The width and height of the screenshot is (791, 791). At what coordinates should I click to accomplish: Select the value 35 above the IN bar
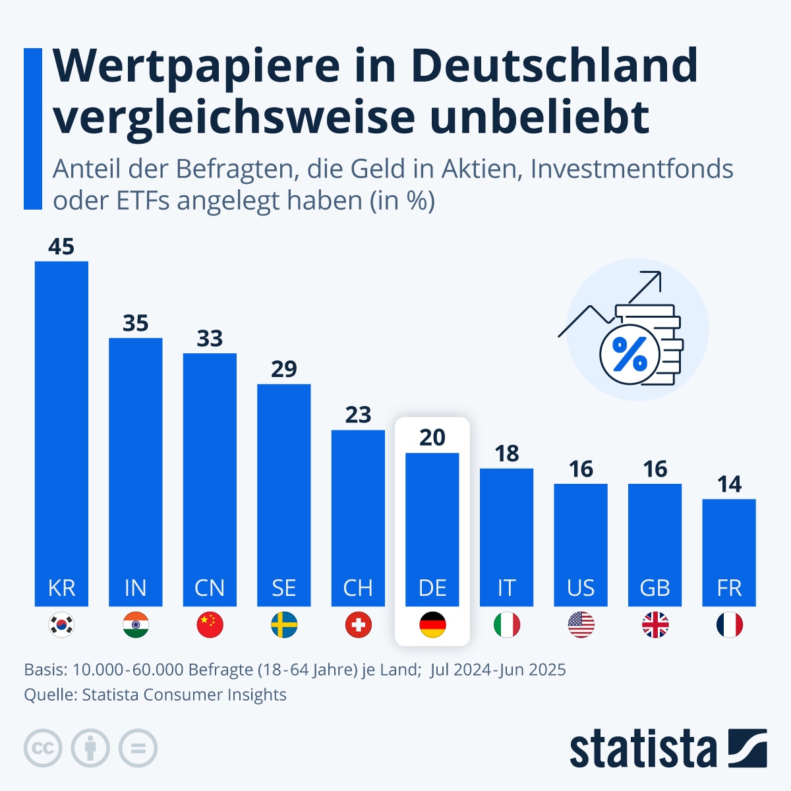(136, 324)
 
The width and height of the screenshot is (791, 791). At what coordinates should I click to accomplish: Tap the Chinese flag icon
(210, 625)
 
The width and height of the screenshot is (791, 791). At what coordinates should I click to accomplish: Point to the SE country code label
(284, 587)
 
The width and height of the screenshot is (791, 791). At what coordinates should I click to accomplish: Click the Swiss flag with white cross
(358, 625)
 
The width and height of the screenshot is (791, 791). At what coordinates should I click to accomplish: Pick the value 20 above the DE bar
(432, 438)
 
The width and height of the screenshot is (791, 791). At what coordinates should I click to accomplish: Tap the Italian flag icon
(506, 625)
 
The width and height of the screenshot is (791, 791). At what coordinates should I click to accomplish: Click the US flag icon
(581, 625)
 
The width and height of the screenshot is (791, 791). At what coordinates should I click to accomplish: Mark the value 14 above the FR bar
(729, 484)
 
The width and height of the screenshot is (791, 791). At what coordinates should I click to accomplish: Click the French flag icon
(729, 625)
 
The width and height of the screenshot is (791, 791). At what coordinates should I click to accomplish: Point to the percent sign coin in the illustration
(630, 355)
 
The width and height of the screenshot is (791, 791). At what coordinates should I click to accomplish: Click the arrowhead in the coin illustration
(653, 279)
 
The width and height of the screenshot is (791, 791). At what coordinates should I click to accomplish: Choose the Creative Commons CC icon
(43, 748)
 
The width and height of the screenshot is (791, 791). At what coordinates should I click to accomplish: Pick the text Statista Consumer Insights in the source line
(184, 695)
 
